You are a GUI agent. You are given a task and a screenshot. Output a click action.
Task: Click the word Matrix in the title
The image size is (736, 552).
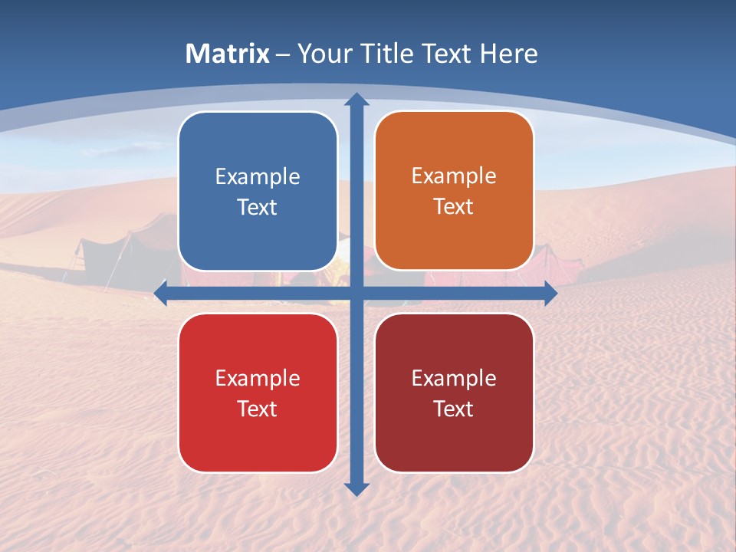tap(227, 54)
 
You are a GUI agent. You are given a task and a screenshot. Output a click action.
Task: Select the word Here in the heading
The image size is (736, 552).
tap(508, 54)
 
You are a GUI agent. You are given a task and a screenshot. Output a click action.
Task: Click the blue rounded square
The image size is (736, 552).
tap(258, 192)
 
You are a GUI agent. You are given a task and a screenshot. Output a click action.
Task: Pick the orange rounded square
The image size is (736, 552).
tap(454, 191)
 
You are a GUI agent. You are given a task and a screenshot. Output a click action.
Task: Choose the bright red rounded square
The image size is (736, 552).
tap(258, 393)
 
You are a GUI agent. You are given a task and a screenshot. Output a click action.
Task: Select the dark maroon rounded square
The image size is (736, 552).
tap(454, 393)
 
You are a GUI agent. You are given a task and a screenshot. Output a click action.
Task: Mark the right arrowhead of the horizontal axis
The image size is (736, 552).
tap(550, 292)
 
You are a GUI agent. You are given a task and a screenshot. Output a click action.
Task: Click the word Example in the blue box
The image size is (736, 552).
tap(258, 177)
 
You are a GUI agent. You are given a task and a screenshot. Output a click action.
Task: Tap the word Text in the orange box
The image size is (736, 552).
tap(454, 207)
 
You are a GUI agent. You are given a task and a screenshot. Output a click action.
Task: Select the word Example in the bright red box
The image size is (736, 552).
tap(258, 378)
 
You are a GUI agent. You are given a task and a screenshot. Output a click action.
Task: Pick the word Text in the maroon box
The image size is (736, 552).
tap(454, 409)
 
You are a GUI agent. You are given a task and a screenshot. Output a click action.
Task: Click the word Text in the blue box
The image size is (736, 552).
tap(258, 208)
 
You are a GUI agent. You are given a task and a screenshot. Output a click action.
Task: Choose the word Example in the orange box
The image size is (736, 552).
tap(454, 176)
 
